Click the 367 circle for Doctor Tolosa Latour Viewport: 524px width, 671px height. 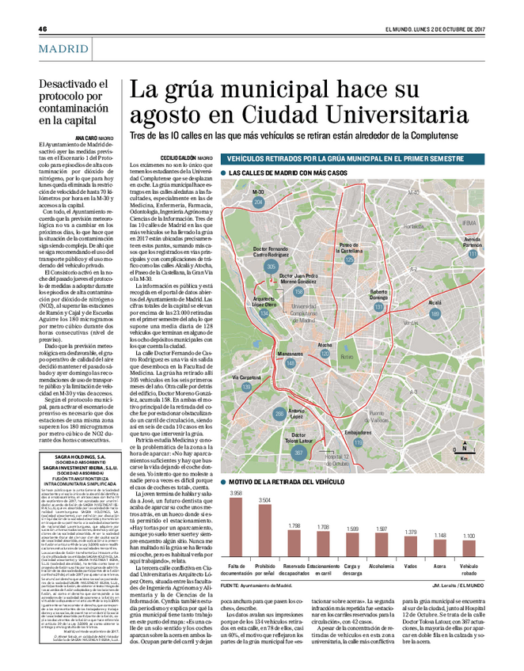click(298, 452)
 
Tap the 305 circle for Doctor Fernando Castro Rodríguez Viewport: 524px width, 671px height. click(271, 267)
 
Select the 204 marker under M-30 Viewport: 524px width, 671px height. click(258, 203)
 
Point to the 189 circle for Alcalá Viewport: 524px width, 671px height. click(435, 314)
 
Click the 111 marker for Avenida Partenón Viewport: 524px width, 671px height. click(473, 254)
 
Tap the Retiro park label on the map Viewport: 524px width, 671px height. click(346, 358)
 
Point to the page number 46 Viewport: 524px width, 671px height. click(43, 29)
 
